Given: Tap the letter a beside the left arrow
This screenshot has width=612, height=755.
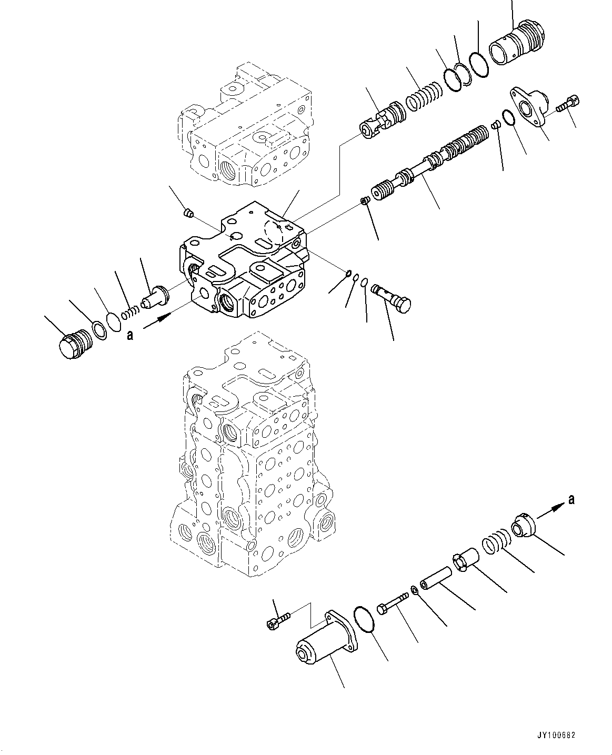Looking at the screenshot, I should pyautogui.click(x=129, y=335).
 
